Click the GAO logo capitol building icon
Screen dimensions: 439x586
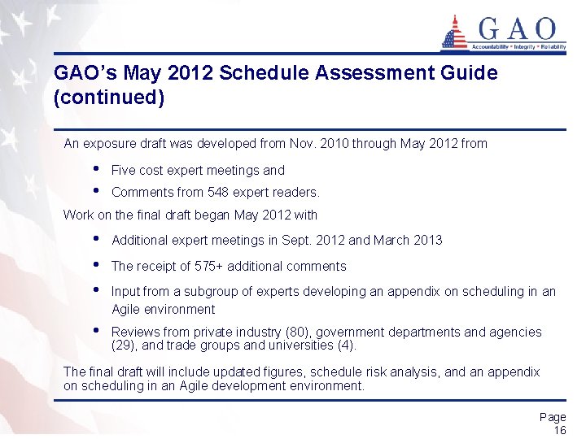(454, 33)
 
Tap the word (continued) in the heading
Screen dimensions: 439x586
(109, 98)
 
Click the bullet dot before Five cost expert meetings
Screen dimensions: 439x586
(97, 169)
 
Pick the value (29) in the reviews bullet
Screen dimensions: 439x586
(125, 345)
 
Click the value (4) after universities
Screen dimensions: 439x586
(346, 345)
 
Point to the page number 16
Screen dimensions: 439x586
(559, 430)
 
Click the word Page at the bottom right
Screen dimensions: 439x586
(553, 417)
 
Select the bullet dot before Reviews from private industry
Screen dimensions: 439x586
(97, 331)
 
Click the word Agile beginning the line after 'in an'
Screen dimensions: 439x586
(127, 309)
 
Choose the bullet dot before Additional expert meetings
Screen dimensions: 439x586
(97, 239)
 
